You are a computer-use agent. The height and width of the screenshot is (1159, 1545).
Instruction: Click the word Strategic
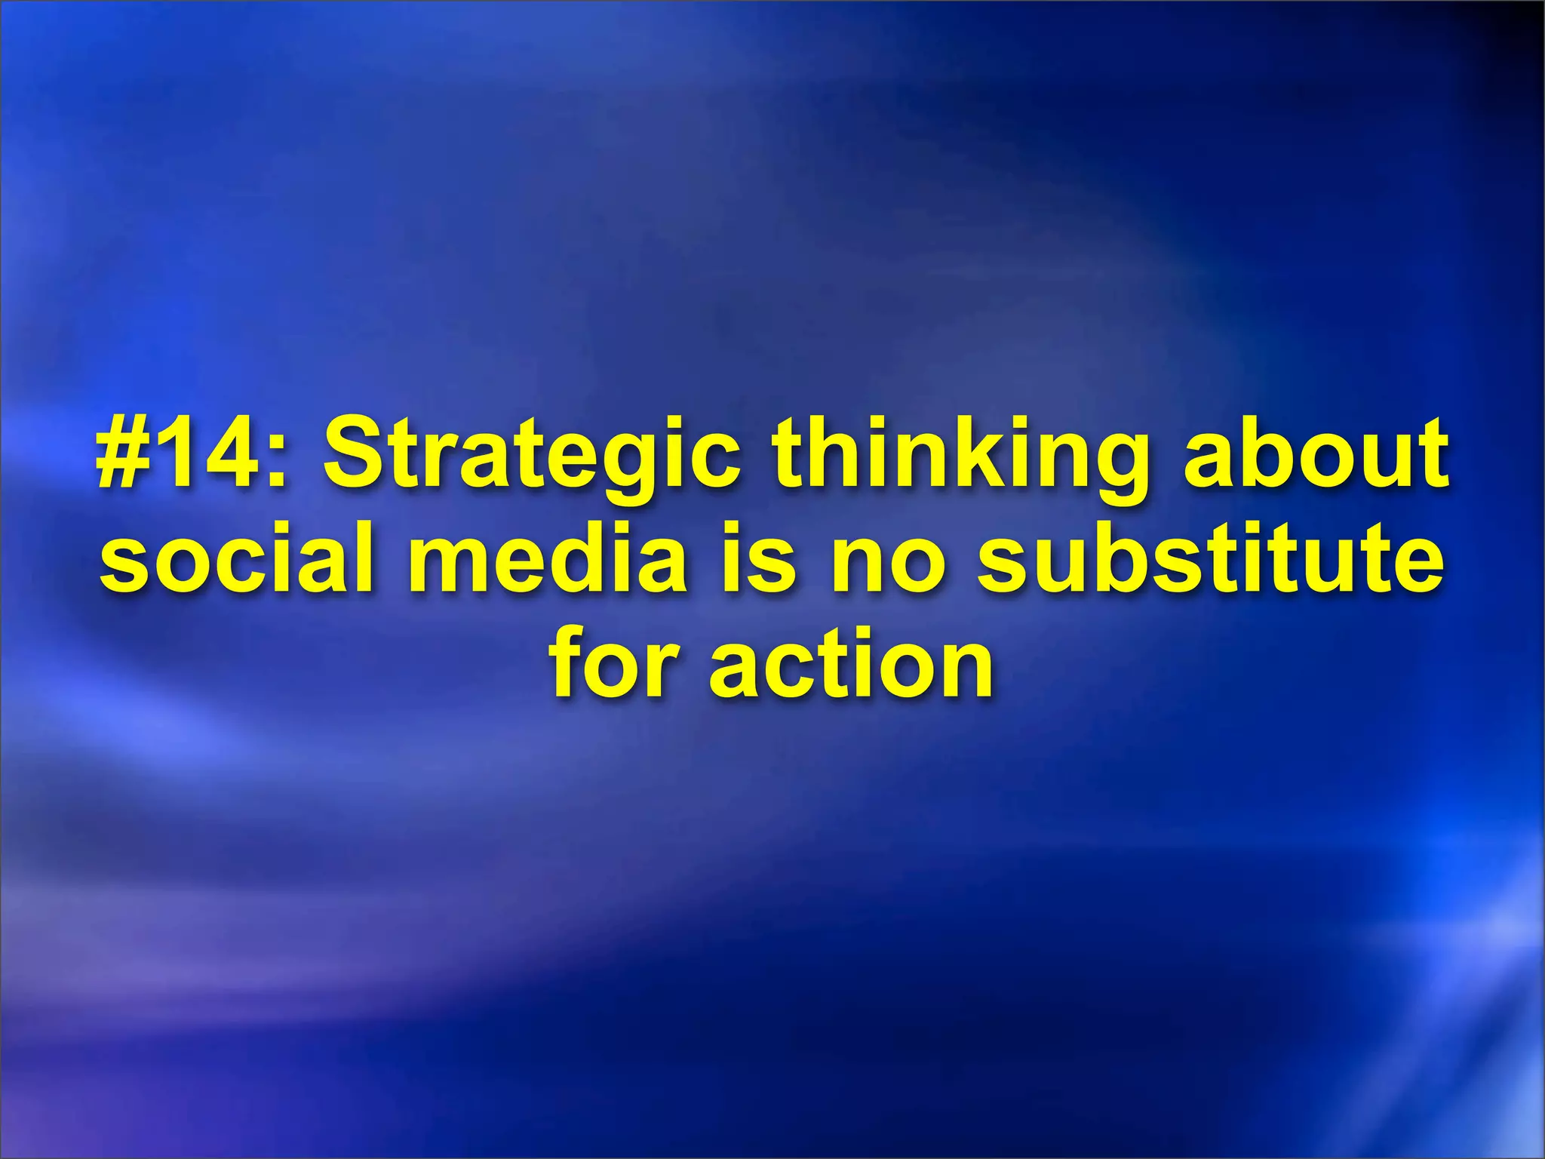pyautogui.click(x=532, y=457)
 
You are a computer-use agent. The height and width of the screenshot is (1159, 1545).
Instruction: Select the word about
pyautogui.click(x=1316, y=457)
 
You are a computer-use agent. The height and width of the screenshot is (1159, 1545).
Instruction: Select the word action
pyautogui.click(x=852, y=664)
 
